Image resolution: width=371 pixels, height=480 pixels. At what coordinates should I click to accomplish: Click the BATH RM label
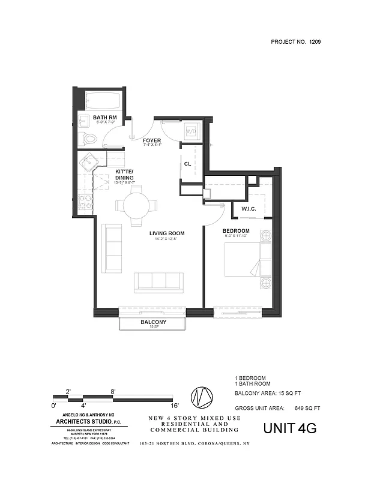pos(104,117)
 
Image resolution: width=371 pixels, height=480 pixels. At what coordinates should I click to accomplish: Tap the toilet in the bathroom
pos(89,139)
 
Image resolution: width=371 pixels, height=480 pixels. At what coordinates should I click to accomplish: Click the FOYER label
pos(152,140)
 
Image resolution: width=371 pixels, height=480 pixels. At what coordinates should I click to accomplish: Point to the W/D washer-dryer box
pos(191,131)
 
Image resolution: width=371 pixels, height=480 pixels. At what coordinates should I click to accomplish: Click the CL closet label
pos(188,163)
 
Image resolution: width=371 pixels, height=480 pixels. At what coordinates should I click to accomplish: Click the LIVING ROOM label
pos(167,233)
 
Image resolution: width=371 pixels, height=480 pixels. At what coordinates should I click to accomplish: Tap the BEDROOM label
pos(236,231)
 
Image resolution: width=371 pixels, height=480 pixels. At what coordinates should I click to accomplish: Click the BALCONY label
pos(153,322)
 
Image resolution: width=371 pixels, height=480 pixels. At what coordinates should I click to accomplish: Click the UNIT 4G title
pos(290,428)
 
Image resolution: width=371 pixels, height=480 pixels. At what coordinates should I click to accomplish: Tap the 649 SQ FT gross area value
pos(308,408)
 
